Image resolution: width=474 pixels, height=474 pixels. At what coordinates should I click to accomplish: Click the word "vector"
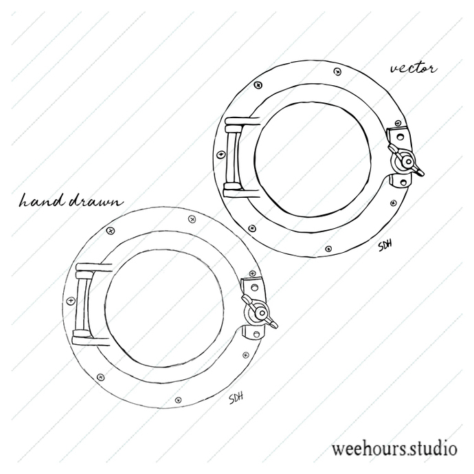click(414, 69)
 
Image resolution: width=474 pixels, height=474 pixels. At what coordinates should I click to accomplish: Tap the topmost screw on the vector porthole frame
click(258, 87)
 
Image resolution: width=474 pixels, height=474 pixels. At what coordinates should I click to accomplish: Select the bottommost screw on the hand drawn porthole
click(179, 398)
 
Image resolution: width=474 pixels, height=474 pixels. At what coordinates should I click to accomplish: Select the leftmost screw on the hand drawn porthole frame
click(70, 300)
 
